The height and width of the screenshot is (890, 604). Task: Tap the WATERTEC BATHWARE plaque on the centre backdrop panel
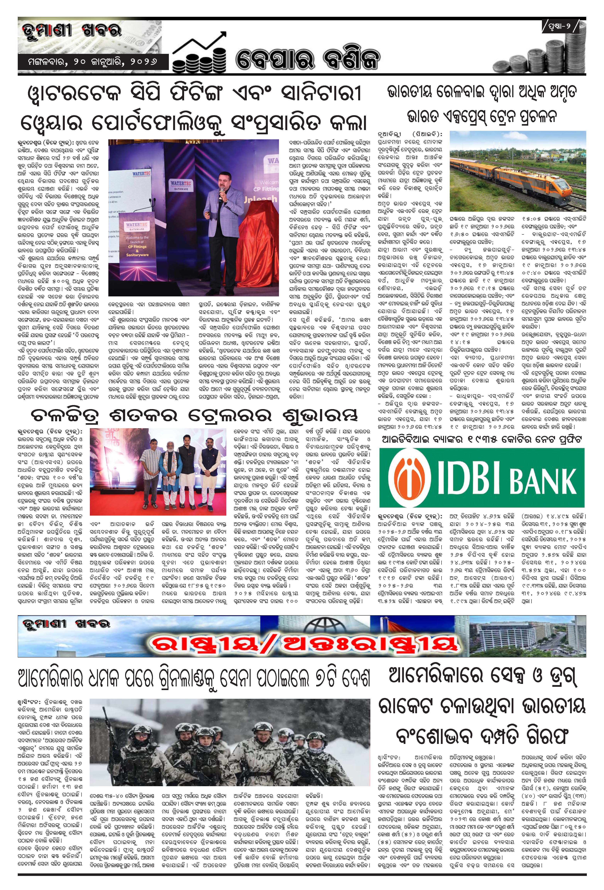181,184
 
